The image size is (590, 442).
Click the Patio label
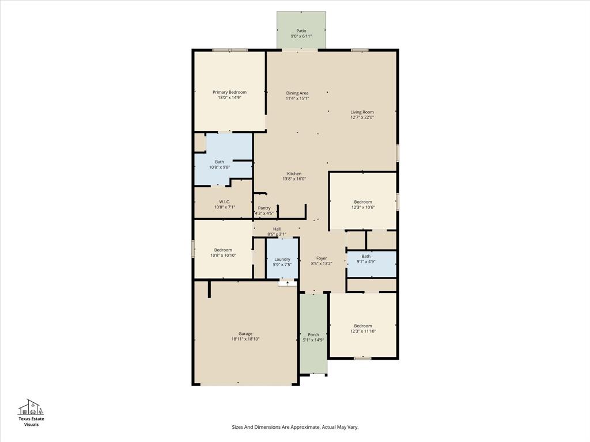[x=301, y=31]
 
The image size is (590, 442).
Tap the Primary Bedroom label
[x=229, y=92]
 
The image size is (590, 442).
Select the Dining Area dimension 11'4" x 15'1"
[x=297, y=98]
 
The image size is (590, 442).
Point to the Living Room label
[x=362, y=112]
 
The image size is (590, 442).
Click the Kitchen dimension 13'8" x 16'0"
[x=294, y=179]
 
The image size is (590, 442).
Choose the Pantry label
[x=264, y=208]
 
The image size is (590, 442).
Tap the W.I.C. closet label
[x=224, y=201]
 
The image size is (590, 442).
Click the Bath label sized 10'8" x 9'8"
[x=220, y=162]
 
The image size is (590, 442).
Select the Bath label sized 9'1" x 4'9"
[x=366, y=256]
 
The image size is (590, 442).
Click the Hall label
[x=277, y=229]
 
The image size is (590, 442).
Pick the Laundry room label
[x=282, y=259]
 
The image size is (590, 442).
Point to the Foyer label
[x=322, y=258]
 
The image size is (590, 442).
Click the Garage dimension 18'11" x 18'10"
[x=245, y=340]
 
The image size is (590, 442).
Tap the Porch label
[x=313, y=334]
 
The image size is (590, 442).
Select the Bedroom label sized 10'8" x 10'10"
[x=223, y=250]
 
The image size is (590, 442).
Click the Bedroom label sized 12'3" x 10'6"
[x=363, y=201]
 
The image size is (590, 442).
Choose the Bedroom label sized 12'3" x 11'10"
[x=363, y=326]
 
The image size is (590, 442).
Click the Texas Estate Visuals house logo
[x=31, y=407]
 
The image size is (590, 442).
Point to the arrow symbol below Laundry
[x=288, y=283]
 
